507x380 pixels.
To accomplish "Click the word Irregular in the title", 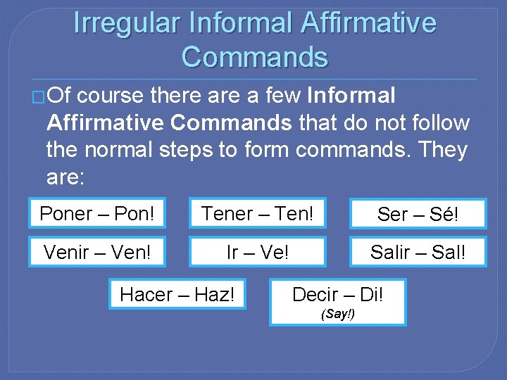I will click(126, 23).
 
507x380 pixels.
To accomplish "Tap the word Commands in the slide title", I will click(254, 56).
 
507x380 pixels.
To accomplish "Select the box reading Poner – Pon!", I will click(97, 213).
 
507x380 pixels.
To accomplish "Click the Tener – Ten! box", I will click(257, 213).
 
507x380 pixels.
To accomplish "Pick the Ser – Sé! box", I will click(418, 215).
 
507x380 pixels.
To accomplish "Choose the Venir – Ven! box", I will click(97, 252).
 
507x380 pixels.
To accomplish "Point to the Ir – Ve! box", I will click(257, 252).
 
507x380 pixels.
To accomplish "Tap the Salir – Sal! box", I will click(418, 252).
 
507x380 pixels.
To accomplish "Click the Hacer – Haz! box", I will click(177, 294).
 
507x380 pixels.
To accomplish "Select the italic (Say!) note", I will click(338, 314).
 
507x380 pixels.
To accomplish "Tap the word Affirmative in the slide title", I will click(368, 23).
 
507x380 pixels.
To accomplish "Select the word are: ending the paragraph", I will click(65, 178).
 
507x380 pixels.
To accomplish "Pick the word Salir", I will click(392, 252).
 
